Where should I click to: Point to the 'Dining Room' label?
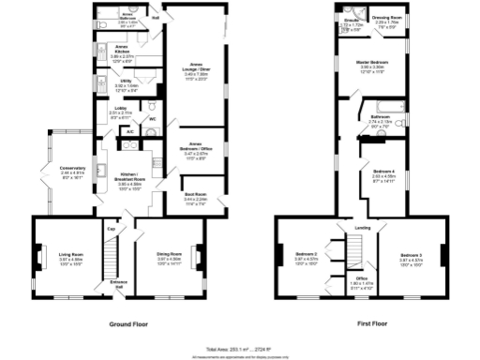coord(169,254)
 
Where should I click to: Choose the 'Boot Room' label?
coord(195,197)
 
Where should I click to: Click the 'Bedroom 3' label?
coord(411,254)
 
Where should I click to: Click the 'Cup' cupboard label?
coord(110,229)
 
